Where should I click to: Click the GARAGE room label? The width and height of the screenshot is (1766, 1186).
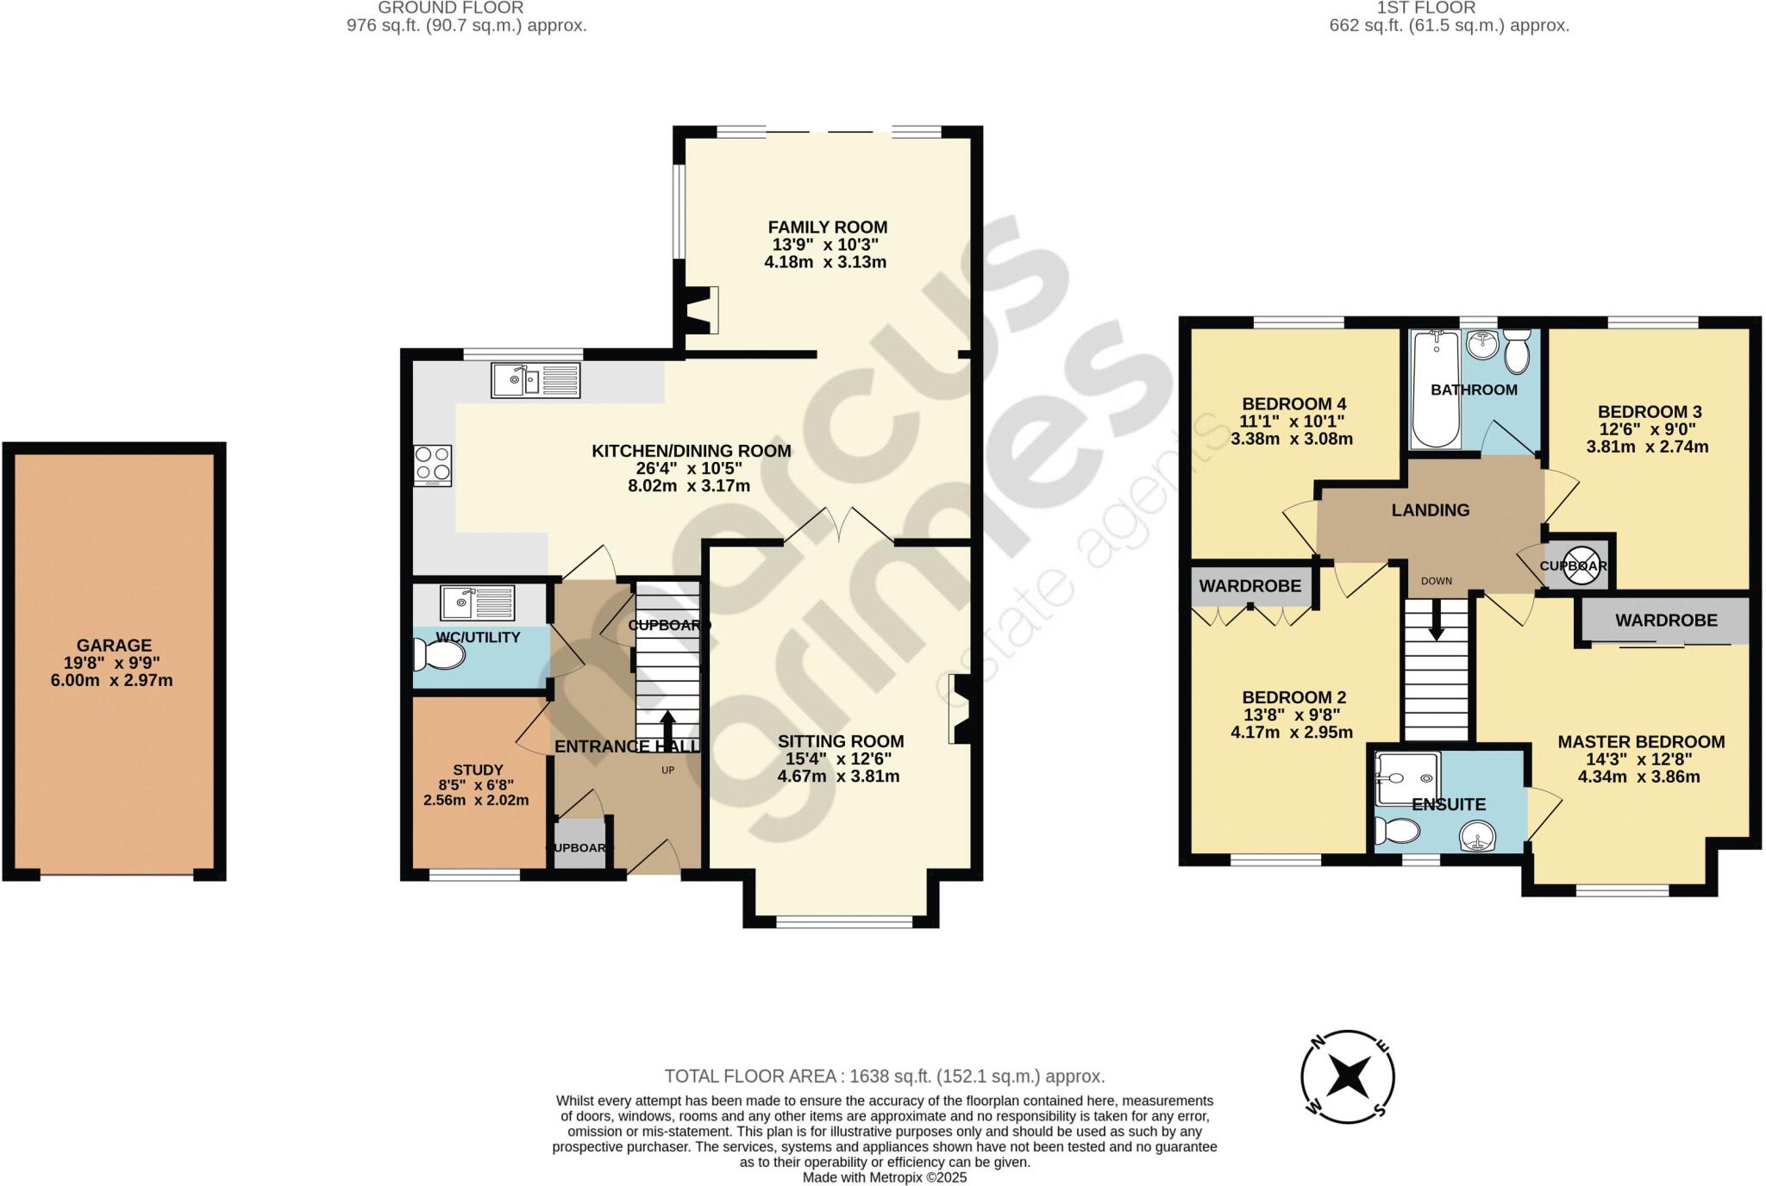click(114, 645)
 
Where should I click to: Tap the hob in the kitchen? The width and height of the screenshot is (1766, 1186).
click(432, 465)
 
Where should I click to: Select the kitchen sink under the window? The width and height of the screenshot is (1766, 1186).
click(535, 380)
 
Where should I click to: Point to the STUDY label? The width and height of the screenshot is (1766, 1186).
click(478, 770)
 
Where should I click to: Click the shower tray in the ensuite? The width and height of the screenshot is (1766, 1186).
click(1407, 779)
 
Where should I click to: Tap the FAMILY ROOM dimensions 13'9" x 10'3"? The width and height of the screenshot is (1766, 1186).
click(827, 245)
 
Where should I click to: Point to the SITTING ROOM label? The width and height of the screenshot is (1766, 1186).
click(841, 741)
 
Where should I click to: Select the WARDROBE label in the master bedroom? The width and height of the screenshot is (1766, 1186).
click(1666, 620)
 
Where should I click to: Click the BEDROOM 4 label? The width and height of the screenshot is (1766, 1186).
click(1293, 403)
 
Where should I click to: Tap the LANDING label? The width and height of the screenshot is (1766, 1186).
click(1430, 510)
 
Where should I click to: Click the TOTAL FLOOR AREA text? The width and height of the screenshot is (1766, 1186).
click(884, 1076)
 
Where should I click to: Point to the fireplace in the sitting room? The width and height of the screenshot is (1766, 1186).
click(961, 708)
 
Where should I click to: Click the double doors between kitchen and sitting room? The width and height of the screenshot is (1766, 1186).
click(839, 525)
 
